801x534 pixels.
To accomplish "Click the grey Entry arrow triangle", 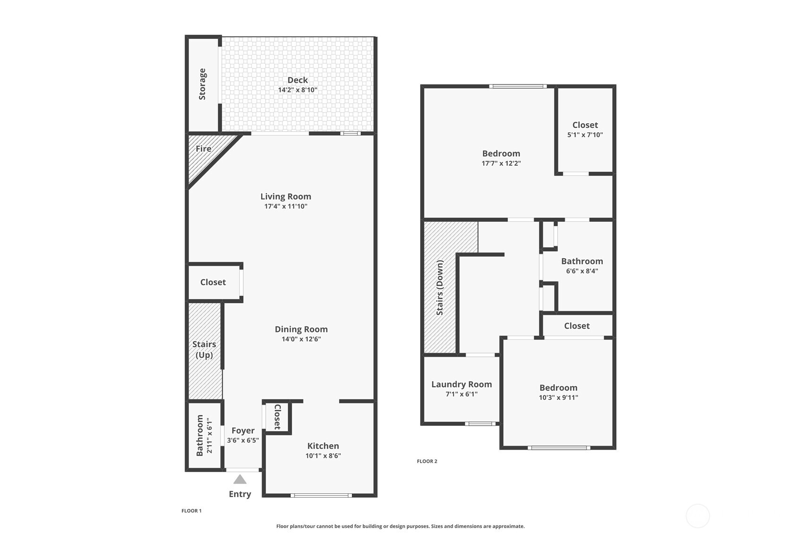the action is tap(240, 479).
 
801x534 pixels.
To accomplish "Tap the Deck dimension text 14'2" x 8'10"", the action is tap(297, 90).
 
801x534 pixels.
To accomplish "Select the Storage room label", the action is tap(202, 84).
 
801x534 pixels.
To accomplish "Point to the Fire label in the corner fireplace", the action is tap(203, 148).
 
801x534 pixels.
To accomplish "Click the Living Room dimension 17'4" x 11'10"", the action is tap(286, 206).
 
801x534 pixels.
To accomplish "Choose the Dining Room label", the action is tap(301, 329).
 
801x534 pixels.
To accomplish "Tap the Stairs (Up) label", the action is tap(204, 349).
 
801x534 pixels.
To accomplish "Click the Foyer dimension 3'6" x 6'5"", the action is tap(243, 440).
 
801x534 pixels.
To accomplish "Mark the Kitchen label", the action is tap(323, 446).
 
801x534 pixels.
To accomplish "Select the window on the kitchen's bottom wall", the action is tap(321, 495).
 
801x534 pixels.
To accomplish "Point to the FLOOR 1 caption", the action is tap(192, 511).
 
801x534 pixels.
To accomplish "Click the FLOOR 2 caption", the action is tap(427, 461).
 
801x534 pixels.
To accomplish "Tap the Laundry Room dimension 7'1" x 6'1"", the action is tap(462, 394).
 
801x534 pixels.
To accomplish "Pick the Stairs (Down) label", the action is tap(440, 288).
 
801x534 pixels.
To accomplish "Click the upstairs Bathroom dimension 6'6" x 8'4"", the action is tap(582, 271).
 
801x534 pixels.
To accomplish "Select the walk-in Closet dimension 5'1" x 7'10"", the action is tap(585, 135).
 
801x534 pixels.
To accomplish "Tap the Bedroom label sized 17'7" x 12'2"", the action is tap(501, 153).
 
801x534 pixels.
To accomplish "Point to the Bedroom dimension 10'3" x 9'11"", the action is tap(558, 397).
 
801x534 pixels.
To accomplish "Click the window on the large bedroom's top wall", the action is tap(518, 86).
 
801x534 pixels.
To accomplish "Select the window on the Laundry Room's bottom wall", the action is tap(480, 424).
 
